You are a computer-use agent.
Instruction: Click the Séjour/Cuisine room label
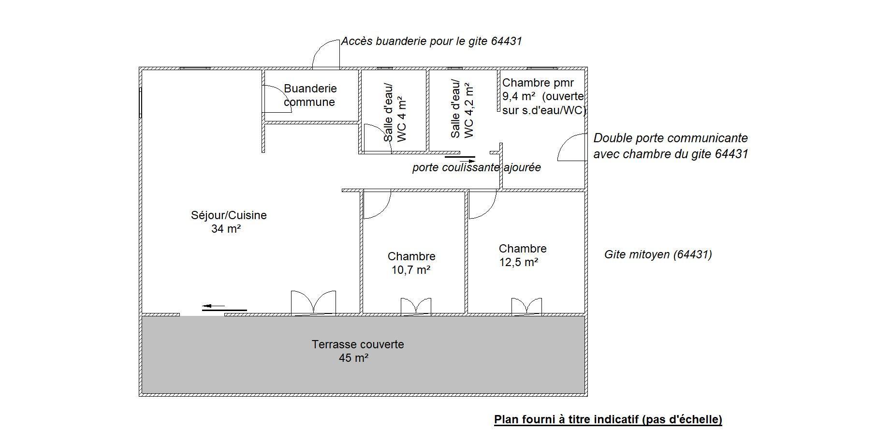[229, 215]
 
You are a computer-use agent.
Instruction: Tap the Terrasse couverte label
[358, 344]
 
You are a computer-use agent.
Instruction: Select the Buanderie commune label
[310, 95]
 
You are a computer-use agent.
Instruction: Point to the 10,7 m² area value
[411, 270]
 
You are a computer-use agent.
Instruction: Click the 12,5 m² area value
[519, 262]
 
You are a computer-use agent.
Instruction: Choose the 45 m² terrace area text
[354, 358]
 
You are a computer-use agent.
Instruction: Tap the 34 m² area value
[226, 229]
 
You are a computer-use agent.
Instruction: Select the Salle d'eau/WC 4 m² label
[395, 114]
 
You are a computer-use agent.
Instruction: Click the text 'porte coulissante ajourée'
[477, 168]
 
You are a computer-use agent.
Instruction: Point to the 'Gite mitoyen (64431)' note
[658, 254]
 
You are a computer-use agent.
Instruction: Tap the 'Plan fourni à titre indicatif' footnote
[608, 419]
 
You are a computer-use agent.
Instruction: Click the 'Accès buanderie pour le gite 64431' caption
[432, 41]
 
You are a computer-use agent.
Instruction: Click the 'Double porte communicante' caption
[671, 138]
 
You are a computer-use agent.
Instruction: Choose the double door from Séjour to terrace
[313, 304]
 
